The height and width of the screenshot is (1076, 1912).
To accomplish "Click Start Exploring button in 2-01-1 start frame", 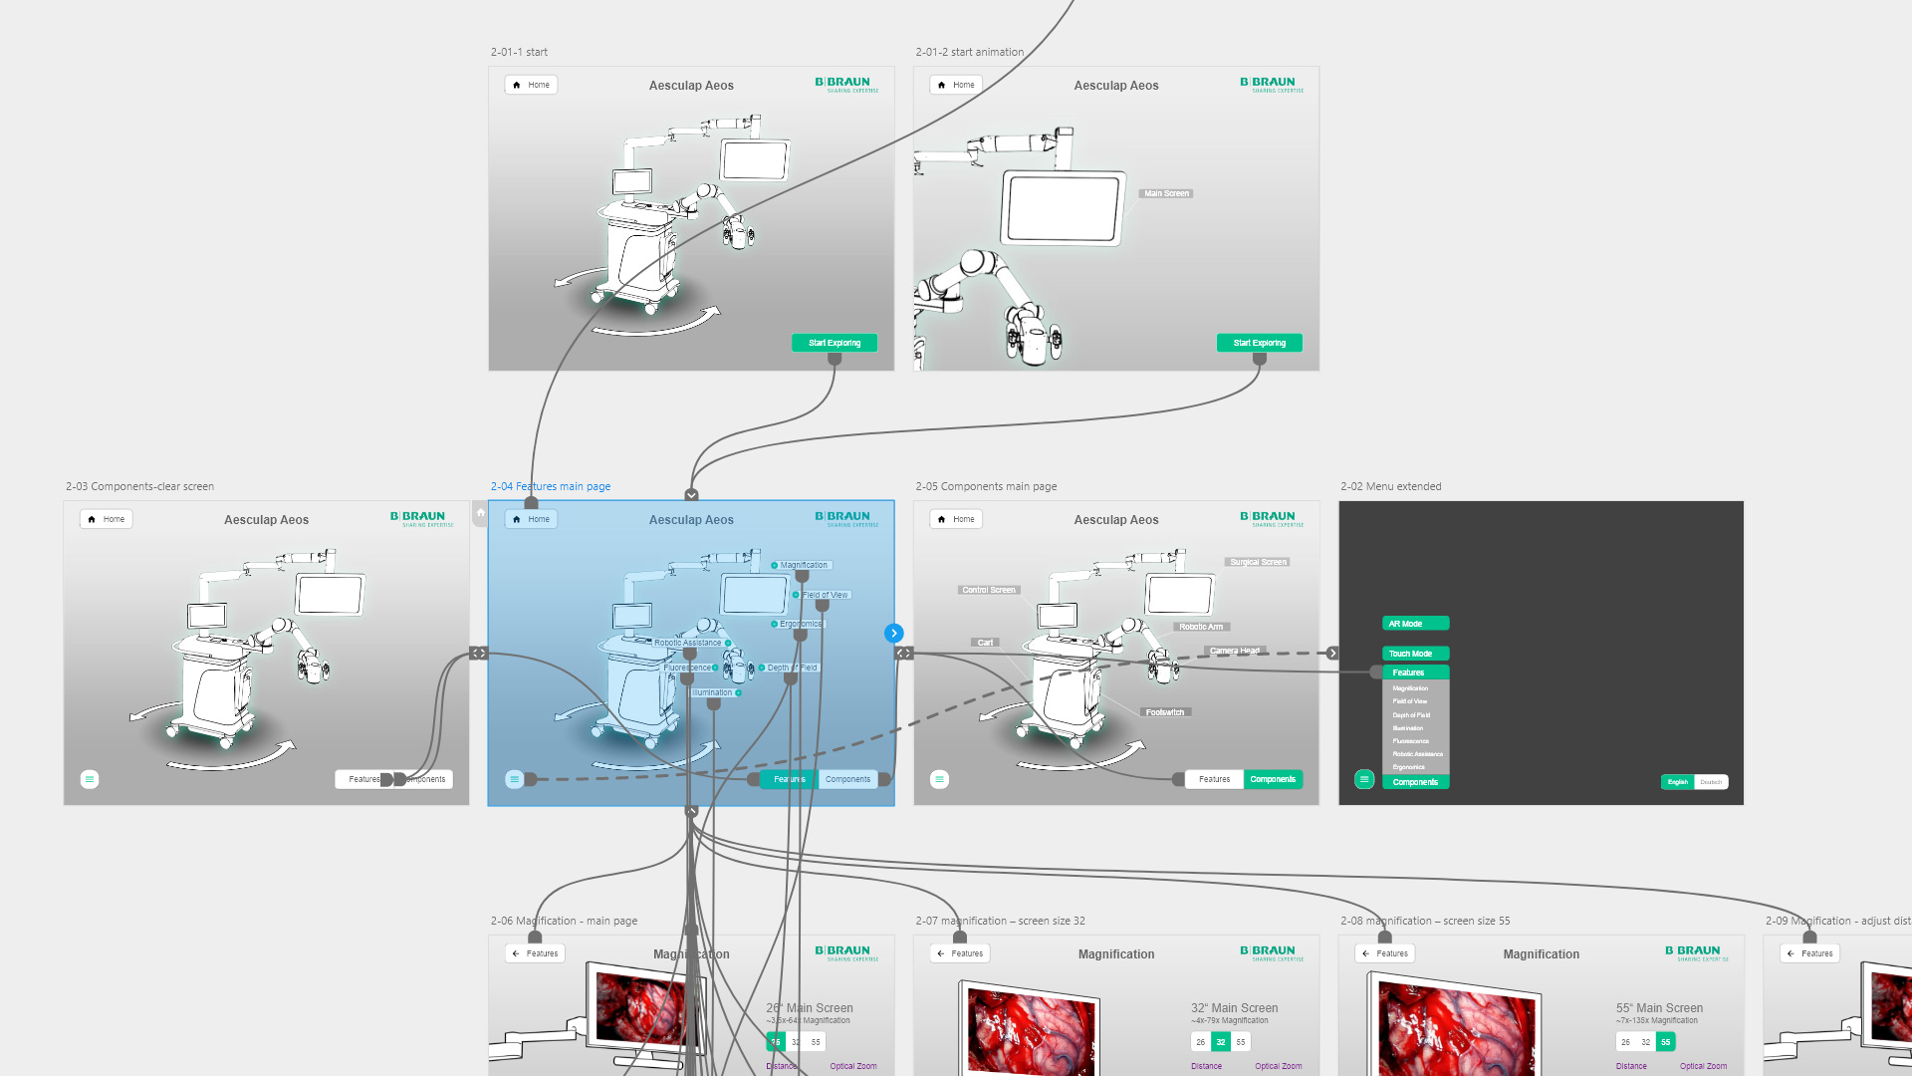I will [x=835, y=343].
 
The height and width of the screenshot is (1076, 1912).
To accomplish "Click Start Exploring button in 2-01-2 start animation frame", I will [x=1259, y=343].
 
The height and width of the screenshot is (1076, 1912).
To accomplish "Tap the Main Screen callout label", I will [x=1166, y=193].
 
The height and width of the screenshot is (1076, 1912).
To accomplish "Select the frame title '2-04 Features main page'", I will [x=551, y=486].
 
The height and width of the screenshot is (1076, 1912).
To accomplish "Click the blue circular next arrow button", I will [x=894, y=633].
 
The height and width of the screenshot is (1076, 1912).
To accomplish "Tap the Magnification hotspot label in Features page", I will [x=804, y=565].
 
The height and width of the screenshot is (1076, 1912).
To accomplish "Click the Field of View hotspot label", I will [x=826, y=595].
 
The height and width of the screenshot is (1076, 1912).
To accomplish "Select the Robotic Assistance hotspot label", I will [x=687, y=643].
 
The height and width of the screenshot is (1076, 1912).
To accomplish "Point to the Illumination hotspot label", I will [x=712, y=692].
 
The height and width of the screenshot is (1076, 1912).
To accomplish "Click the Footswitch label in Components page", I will [x=1164, y=712].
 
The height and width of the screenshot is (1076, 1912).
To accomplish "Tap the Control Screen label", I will [x=988, y=590].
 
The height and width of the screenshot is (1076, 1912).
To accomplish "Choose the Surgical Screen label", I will [x=1258, y=562].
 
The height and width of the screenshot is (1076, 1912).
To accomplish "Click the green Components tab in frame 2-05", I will [x=1273, y=779].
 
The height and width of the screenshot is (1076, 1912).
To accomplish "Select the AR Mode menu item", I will [x=1415, y=624].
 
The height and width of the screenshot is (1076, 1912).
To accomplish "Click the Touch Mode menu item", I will [x=1415, y=654].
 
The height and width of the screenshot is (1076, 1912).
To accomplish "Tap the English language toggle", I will [x=1678, y=782].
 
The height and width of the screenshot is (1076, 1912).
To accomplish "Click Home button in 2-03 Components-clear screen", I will [x=108, y=519].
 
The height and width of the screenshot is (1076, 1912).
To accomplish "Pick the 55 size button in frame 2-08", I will [x=1665, y=1042].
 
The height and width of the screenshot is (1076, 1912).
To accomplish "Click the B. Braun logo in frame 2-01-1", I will [x=845, y=85].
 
